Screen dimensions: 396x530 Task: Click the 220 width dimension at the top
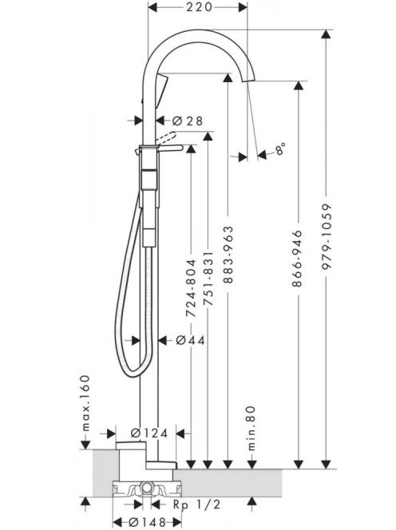(199, 6)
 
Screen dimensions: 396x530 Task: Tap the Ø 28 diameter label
(188, 121)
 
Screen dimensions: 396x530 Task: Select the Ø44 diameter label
(191, 340)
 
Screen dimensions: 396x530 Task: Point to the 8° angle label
(280, 148)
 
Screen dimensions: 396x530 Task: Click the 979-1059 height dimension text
(327, 236)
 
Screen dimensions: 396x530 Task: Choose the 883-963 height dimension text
(228, 255)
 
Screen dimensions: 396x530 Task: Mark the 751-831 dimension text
(208, 279)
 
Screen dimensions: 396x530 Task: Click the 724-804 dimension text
(192, 288)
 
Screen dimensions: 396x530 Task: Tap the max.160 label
(86, 403)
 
